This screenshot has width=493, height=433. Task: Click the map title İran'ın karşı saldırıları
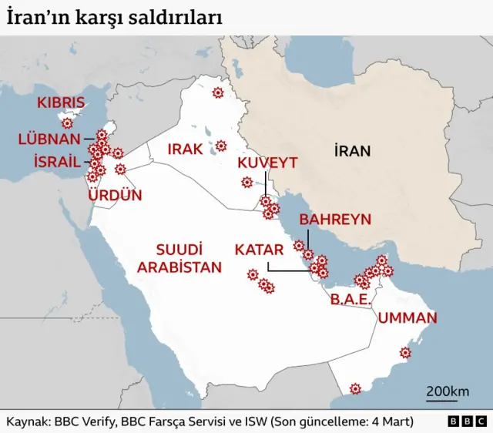tap(116, 18)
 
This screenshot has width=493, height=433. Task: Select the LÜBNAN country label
tap(49, 139)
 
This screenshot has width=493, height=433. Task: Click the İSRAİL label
tap(57, 161)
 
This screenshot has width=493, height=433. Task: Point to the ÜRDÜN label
tap(115, 195)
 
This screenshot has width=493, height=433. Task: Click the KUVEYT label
tap(267, 163)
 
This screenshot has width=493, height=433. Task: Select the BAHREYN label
tap(335, 220)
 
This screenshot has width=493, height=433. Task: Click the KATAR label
tap(259, 250)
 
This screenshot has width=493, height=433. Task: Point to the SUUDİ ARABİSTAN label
tap(189, 259)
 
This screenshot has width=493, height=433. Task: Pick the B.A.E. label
tap(350, 300)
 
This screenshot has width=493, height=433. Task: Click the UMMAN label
tap(407, 317)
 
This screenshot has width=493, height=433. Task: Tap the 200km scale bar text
tap(448, 391)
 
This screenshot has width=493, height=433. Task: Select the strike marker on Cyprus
tap(68, 123)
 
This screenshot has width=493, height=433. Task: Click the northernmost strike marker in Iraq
tap(217, 92)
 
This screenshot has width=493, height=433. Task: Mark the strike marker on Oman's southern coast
tap(355, 388)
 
